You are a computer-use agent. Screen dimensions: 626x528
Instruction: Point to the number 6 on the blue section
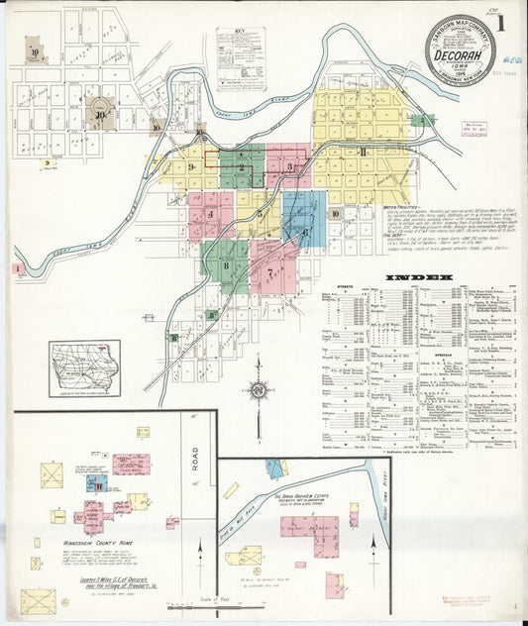[x=306, y=233]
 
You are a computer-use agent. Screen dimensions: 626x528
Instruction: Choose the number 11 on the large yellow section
[x=364, y=152]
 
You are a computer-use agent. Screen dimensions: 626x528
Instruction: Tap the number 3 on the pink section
[x=289, y=167]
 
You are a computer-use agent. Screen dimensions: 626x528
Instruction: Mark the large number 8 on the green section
[x=226, y=264]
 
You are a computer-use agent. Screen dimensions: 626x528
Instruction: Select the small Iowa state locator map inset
[x=84, y=367]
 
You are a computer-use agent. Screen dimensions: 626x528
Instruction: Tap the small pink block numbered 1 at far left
[x=17, y=267]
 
